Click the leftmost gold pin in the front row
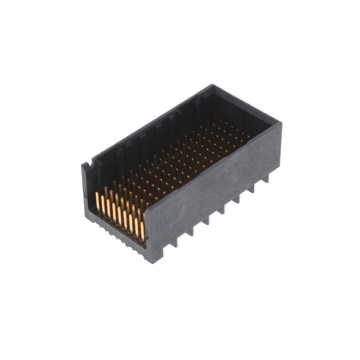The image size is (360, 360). click(x=97, y=202)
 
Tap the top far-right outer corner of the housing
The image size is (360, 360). click(x=281, y=122)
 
